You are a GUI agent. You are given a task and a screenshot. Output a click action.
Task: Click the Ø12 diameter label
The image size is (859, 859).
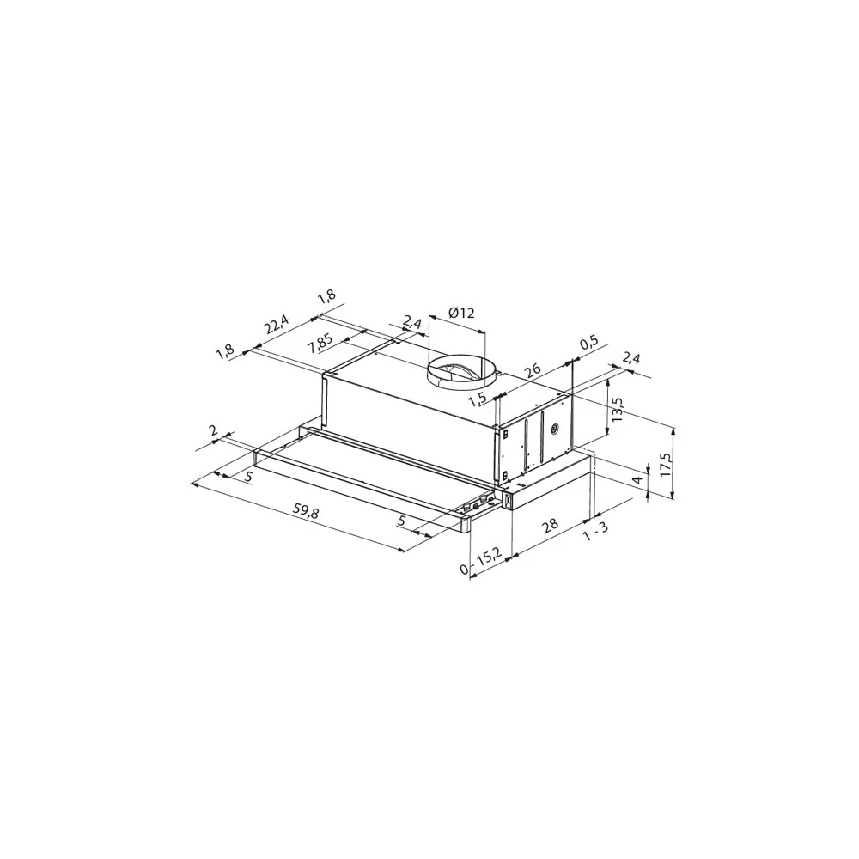tap(462, 314)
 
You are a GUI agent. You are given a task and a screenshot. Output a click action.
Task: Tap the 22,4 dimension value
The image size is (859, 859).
tap(276, 326)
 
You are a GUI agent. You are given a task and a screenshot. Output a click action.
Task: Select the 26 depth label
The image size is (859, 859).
tap(533, 371)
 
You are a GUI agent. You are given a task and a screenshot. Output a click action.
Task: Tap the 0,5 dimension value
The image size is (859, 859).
tap(589, 343)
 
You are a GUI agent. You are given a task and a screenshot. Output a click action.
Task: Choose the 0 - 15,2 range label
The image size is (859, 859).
tap(482, 562)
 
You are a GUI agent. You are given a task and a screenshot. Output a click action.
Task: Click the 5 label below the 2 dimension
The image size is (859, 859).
tap(248, 476)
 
